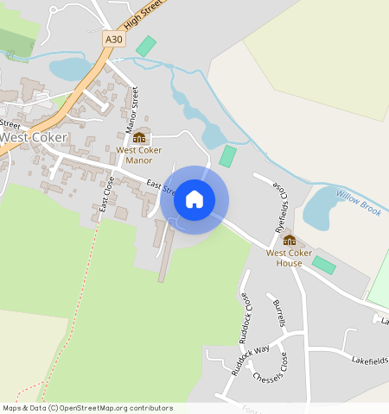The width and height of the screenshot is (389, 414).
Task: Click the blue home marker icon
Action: pos(194,200)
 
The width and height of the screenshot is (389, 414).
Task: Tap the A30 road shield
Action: pos(113,40)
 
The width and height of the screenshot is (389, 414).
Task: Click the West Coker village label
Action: pos(33,137)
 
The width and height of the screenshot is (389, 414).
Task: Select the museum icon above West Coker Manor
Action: pos(139,137)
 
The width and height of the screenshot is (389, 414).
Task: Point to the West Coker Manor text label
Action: pos(139,155)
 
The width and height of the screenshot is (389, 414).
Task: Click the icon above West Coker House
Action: pos(290,240)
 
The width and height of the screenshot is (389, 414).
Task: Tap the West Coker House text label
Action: pos(290,258)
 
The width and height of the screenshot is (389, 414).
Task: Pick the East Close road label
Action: pos(106,194)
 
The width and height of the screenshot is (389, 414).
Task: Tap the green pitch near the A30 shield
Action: pos(146,46)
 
